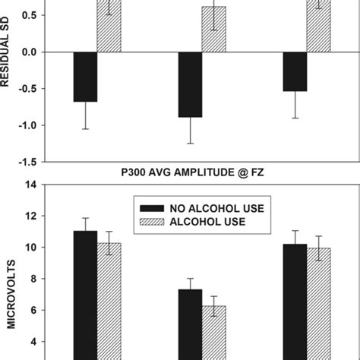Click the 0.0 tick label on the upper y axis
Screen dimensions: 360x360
27,52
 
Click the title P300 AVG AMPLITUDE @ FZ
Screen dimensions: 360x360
191,174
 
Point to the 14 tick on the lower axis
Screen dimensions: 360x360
30,185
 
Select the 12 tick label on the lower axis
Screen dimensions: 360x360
30,216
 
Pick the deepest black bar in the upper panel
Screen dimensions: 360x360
190,84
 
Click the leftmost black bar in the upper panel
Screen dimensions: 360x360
85,76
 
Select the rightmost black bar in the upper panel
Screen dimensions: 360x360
295,71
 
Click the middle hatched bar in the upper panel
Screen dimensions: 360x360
213,30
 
